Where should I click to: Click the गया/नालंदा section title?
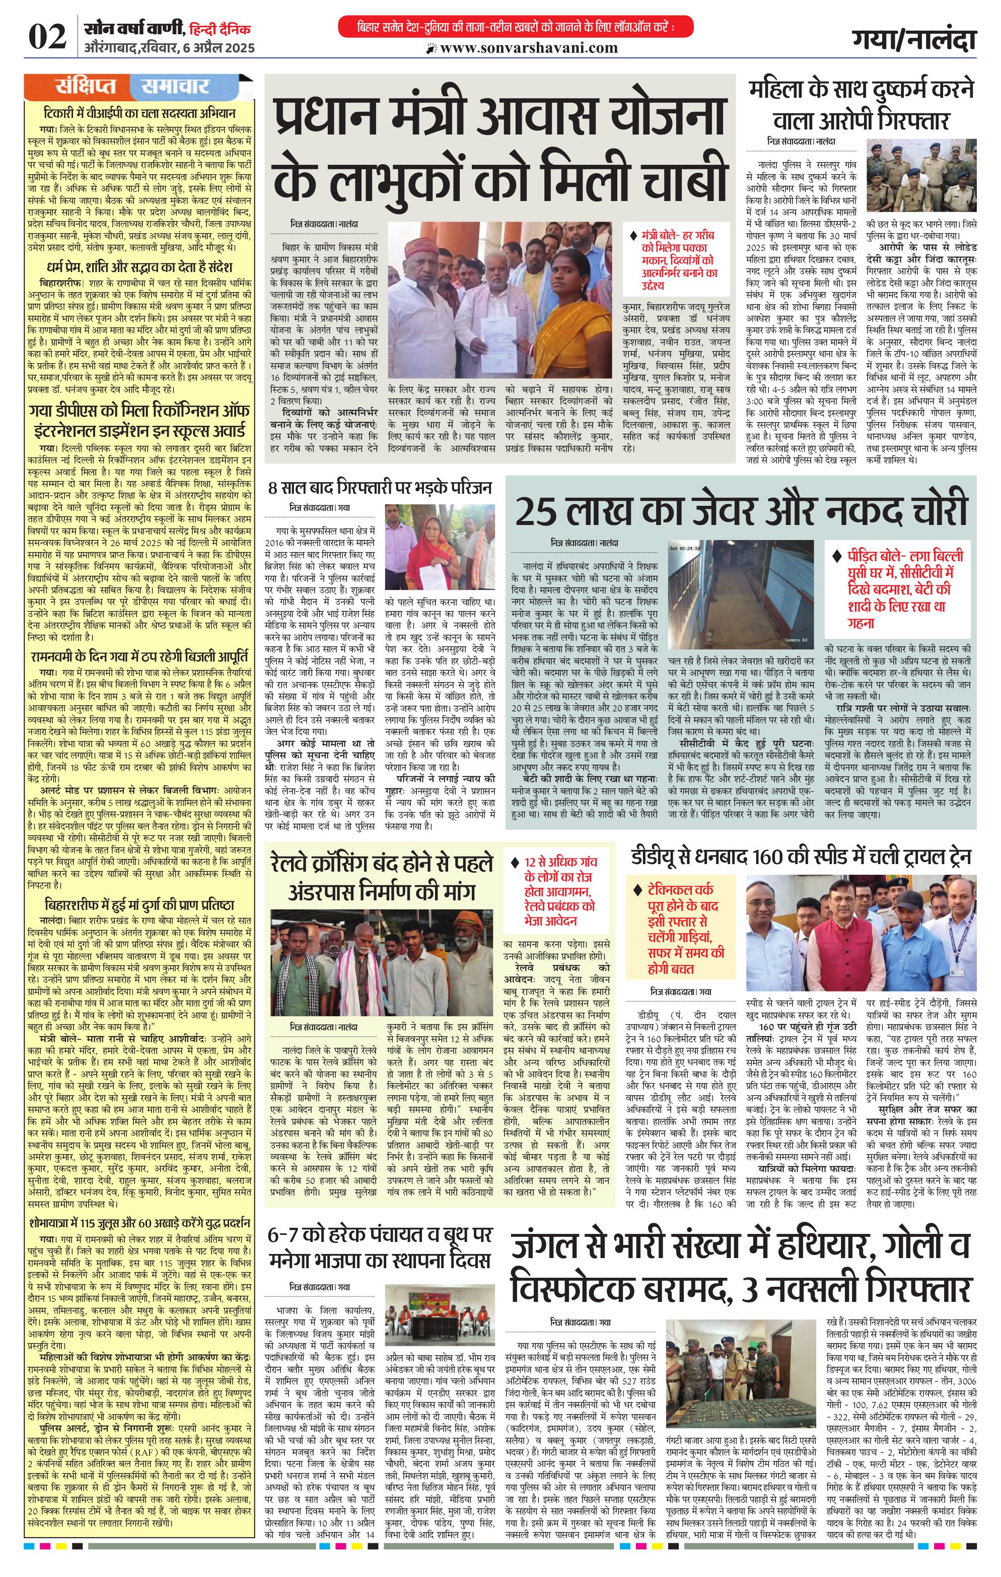point(913,39)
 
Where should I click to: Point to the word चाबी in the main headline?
point(662,177)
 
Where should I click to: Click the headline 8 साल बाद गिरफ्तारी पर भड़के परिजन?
point(380,487)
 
